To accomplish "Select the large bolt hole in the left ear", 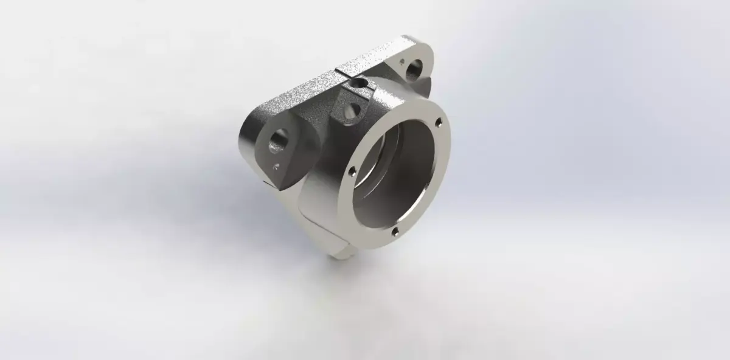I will click(x=280, y=139).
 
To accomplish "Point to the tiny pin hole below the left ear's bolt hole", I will click(x=277, y=165).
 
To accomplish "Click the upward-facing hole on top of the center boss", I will click(x=358, y=83).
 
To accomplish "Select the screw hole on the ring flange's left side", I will click(x=350, y=173).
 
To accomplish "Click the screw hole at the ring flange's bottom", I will click(x=395, y=231).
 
